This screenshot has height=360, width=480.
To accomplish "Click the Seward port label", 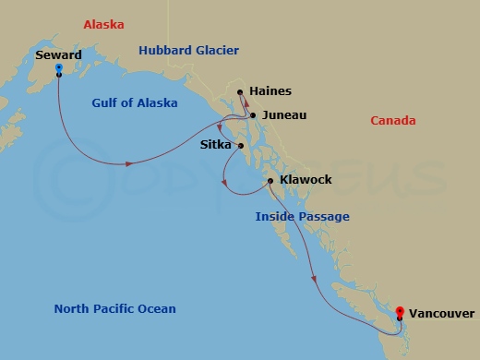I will click(x=59, y=55).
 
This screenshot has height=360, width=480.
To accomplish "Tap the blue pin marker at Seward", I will click(x=59, y=68).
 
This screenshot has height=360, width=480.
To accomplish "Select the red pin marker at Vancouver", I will click(x=399, y=312).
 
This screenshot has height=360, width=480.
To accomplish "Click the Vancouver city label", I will click(x=441, y=313).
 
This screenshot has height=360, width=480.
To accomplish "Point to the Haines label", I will click(x=270, y=91).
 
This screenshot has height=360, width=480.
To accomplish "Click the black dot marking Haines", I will click(x=240, y=92).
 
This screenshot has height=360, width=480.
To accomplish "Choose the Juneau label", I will click(x=283, y=115).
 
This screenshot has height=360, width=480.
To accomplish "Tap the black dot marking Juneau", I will click(x=253, y=115).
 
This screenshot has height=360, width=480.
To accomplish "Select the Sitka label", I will click(x=217, y=144).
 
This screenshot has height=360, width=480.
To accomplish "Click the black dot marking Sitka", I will click(x=240, y=145).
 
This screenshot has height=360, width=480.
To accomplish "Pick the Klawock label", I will click(x=306, y=180).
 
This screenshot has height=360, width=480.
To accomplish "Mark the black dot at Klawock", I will click(x=270, y=180).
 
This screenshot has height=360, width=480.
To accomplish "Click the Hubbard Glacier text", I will click(x=189, y=51).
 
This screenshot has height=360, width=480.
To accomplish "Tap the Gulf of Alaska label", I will click(x=135, y=103).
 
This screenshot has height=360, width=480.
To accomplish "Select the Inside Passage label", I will click(x=302, y=217).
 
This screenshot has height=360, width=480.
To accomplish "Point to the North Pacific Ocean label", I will click(x=114, y=309).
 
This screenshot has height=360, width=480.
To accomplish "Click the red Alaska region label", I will click(x=103, y=25).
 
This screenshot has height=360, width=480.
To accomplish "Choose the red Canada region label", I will click(x=392, y=121).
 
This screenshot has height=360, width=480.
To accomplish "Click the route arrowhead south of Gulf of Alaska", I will click(x=128, y=164).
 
